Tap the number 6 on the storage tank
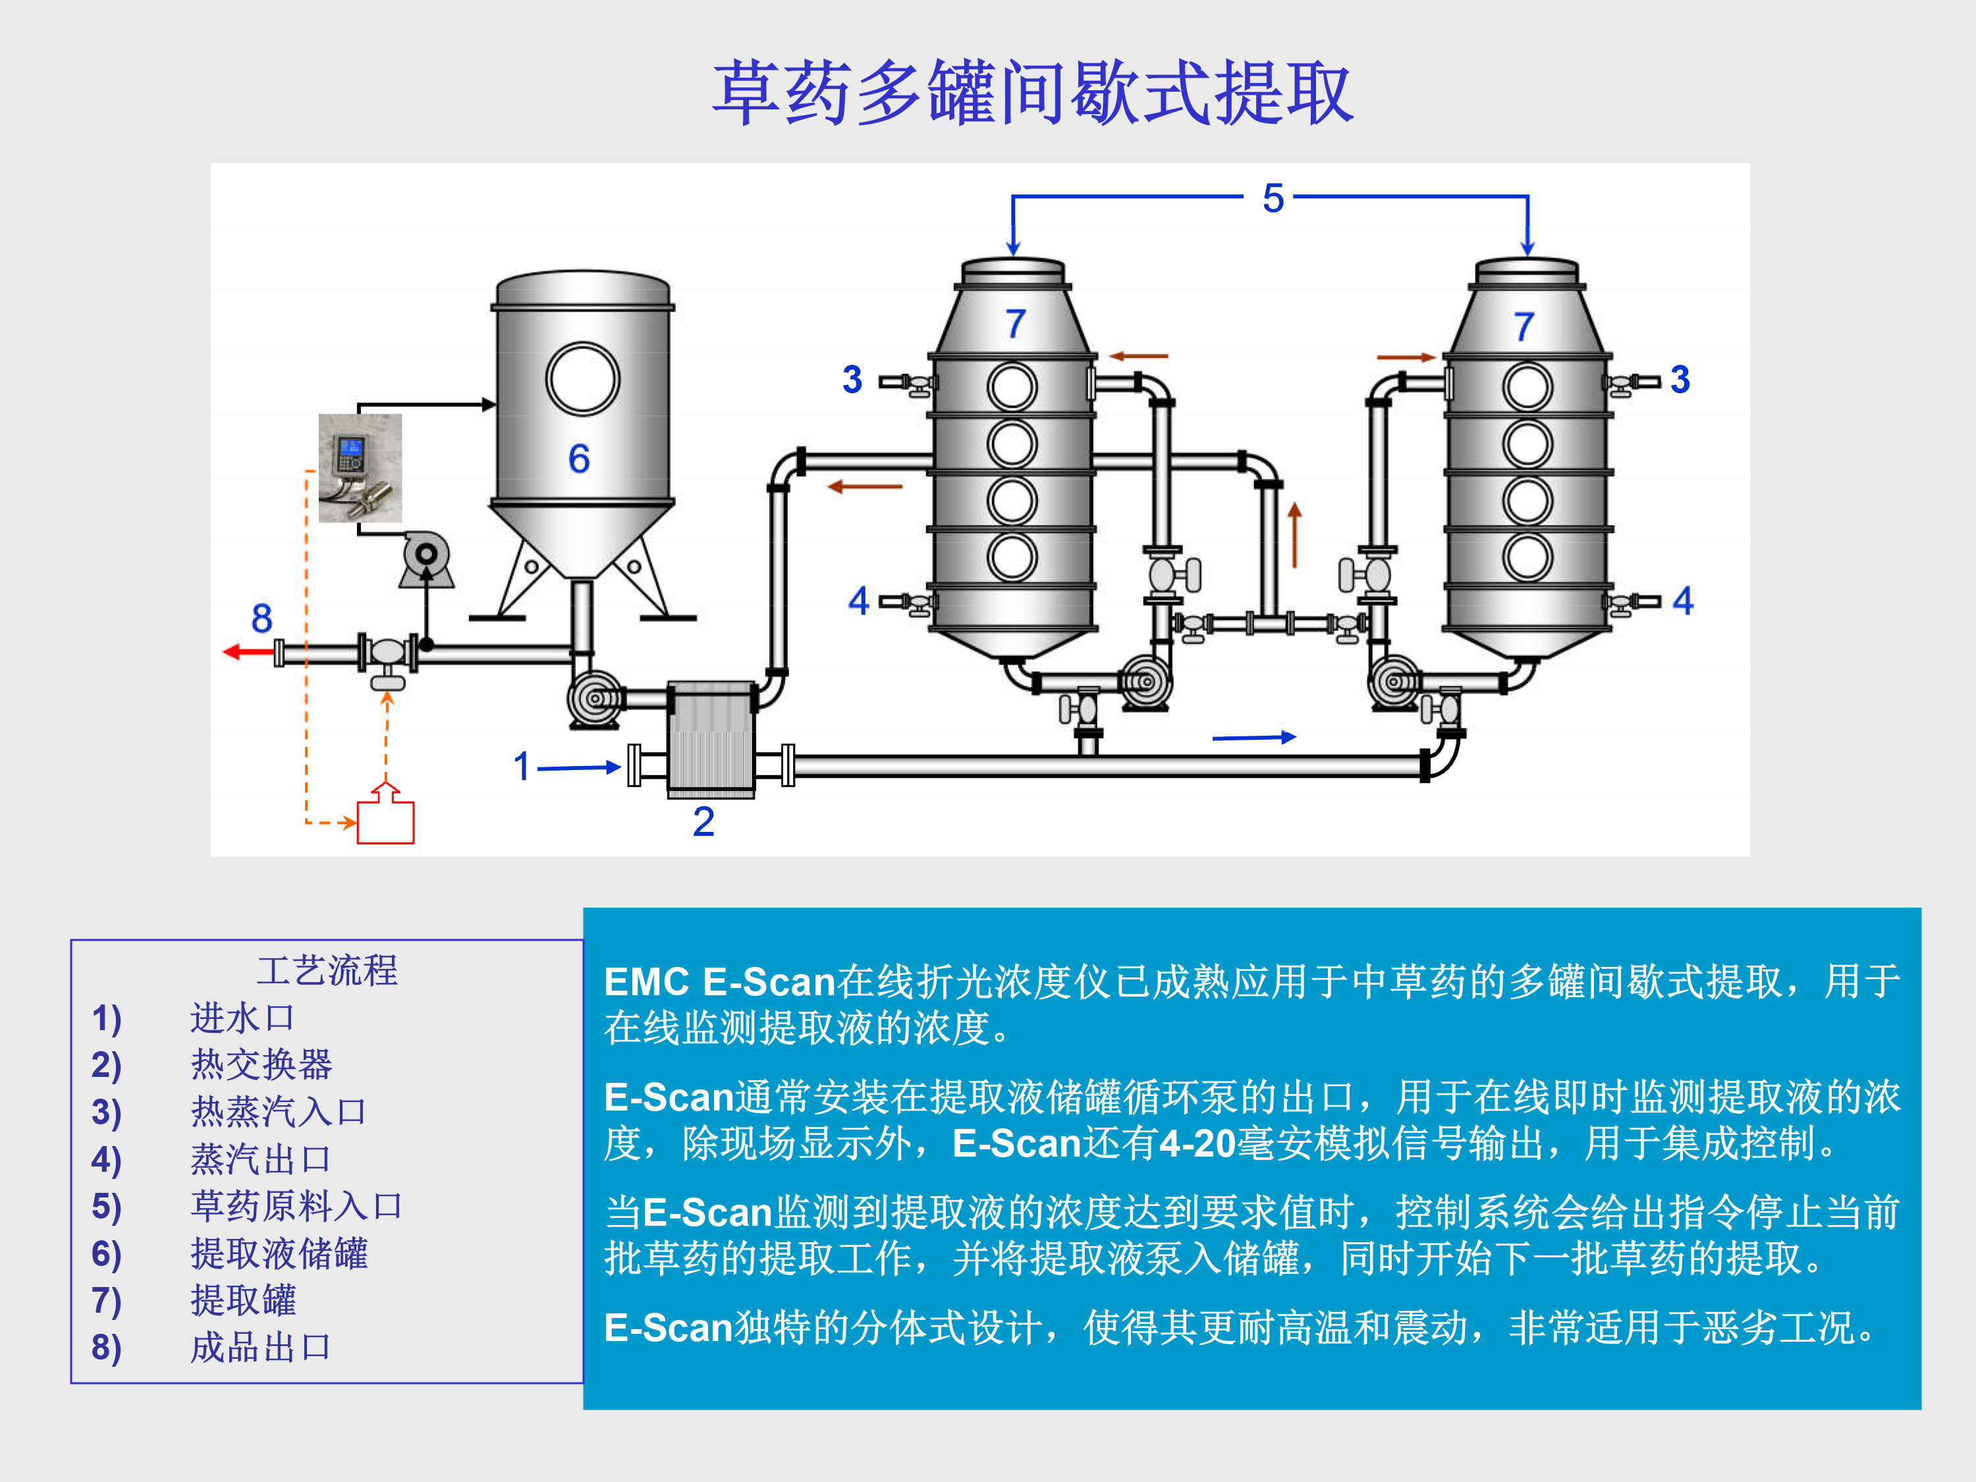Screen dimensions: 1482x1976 click(579, 459)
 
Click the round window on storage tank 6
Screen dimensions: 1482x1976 click(582, 379)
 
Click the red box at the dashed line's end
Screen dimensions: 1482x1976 click(385, 822)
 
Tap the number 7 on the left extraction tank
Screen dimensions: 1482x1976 click(1015, 324)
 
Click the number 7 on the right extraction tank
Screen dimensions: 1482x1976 click(1524, 327)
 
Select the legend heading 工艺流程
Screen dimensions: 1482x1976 click(327, 970)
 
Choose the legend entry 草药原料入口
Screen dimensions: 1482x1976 click(296, 1206)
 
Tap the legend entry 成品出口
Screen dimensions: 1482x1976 click(261, 1347)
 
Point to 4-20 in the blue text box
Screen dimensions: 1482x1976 click(1197, 1143)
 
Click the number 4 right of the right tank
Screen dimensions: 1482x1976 click(1683, 600)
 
